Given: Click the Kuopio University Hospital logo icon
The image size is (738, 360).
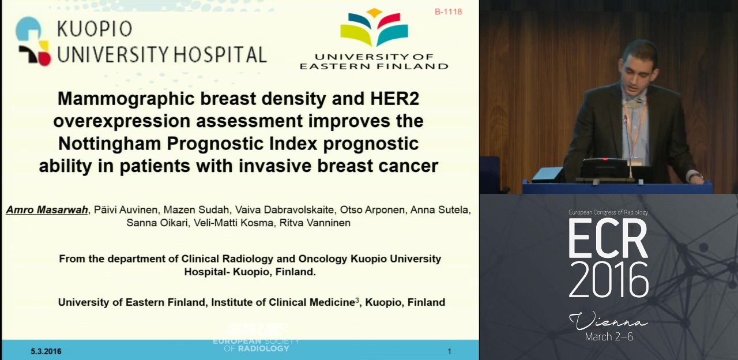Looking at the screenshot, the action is pyautogui.click(x=33, y=41).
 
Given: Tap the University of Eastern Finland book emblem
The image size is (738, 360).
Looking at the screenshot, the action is pyautogui.click(x=374, y=28).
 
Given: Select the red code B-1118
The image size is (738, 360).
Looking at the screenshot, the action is pyautogui.click(x=448, y=12).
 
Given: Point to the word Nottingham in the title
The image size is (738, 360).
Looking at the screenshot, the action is pyautogui.click(x=110, y=144).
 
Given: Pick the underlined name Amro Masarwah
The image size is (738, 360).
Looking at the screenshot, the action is pyautogui.click(x=47, y=209).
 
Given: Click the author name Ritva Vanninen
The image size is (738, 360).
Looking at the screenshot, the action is pyautogui.click(x=315, y=223).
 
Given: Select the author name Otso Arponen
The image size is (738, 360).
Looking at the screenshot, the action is pyautogui.click(x=372, y=209).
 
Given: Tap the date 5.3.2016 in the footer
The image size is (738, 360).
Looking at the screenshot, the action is pyautogui.click(x=46, y=351).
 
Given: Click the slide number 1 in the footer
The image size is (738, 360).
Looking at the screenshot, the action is pyautogui.click(x=449, y=351).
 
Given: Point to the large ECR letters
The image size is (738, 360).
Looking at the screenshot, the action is pyautogui.click(x=608, y=238).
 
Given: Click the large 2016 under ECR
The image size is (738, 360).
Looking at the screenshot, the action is pyautogui.click(x=608, y=280).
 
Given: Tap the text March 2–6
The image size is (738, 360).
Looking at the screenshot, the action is pyautogui.click(x=609, y=336).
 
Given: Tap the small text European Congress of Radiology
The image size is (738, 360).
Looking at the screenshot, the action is pyautogui.click(x=608, y=213).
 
